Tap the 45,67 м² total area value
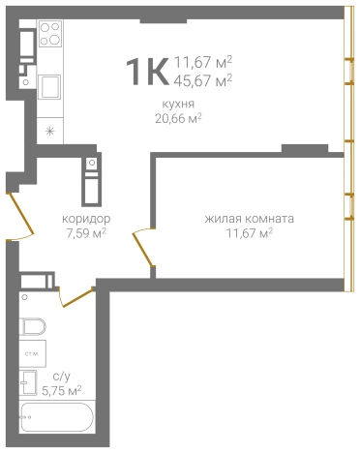[203, 80]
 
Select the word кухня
[178, 103]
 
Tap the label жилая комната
[250, 219]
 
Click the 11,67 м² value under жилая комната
[250, 233]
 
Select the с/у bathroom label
[60, 378]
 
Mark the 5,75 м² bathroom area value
[60, 392]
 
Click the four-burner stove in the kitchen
[50, 46]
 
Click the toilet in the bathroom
[32, 325]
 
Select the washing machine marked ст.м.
[32, 356]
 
